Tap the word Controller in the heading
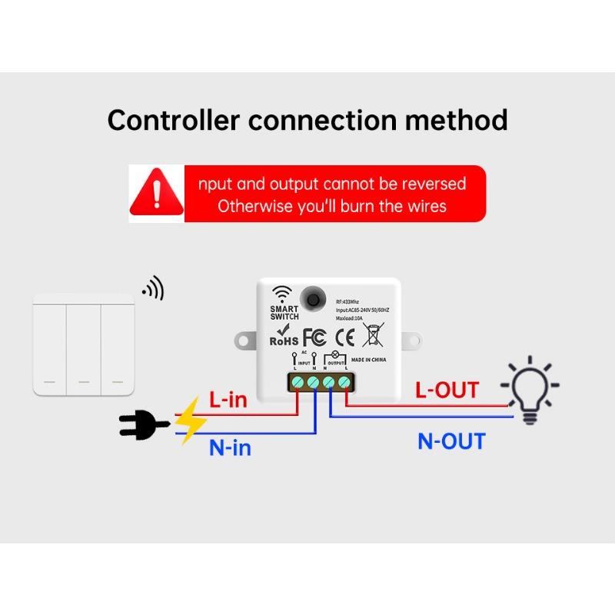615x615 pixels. pyautogui.click(x=174, y=121)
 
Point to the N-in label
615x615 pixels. pyautogui.click(x=231, y=447)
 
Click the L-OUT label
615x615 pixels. pyautogui.click(x=447, y=390)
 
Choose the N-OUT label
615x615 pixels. pyautogui.click(x=451, y=441)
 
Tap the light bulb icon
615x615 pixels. pyautogui.click(x=530, y=389)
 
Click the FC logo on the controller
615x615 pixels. pyautogui.click(x=314, y=337)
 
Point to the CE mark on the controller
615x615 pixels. pyautogui.click(x=347, y=336)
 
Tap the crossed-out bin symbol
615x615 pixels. pyautogui.click(x=374, y=335)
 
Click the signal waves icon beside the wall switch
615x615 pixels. pyautogui.click(x=153, y=289)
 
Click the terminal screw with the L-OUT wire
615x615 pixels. pyautogui.click(x=344, y=381)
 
